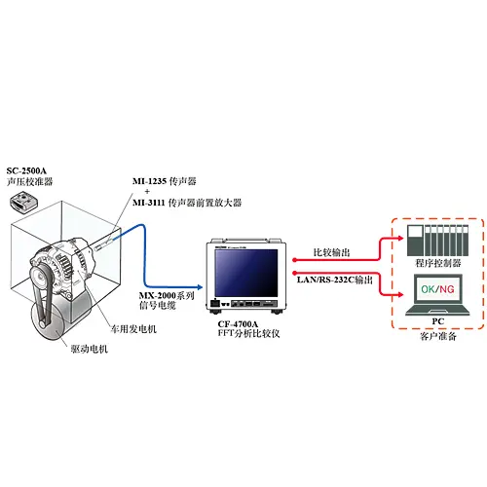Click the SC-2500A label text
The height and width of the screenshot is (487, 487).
[26, 170]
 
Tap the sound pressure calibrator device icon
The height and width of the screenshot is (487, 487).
[23, 201]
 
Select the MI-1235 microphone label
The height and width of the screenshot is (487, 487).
[165, 181]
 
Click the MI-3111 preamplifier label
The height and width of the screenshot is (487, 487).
[187, 203]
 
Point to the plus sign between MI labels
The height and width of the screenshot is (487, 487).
[147, 192]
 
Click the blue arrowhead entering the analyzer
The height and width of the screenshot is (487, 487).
[200, 287]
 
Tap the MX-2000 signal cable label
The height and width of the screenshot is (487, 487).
[167, 300]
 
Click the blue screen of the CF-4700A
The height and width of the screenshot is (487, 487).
[246, 273]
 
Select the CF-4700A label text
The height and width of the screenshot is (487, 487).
[238, 324]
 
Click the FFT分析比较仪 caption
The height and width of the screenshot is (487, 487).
[248, 333]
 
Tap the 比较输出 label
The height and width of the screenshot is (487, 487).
[331, 252]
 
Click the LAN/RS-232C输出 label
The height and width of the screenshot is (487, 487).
[335, 280]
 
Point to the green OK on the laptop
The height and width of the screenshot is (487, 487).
[429, 289]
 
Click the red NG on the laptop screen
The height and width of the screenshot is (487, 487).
[447, 289]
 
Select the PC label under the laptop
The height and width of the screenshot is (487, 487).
[438, 321]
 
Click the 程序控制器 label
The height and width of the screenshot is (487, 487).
[438, 263]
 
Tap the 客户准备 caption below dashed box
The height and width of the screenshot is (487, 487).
[438, 336]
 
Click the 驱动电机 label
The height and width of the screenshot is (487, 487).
[90, 349]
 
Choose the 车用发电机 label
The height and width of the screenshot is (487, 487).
[133, 329]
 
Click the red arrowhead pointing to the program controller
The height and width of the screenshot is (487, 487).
[399, 238]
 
